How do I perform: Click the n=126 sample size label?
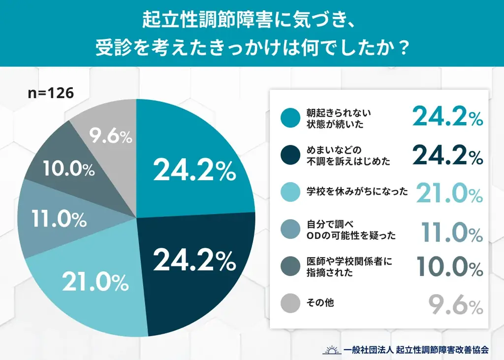(x=51, y=94)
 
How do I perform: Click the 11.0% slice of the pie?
(x=54, y=219)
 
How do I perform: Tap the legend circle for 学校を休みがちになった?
(x=289, y=192)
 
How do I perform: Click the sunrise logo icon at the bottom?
(x=331, y=350)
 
